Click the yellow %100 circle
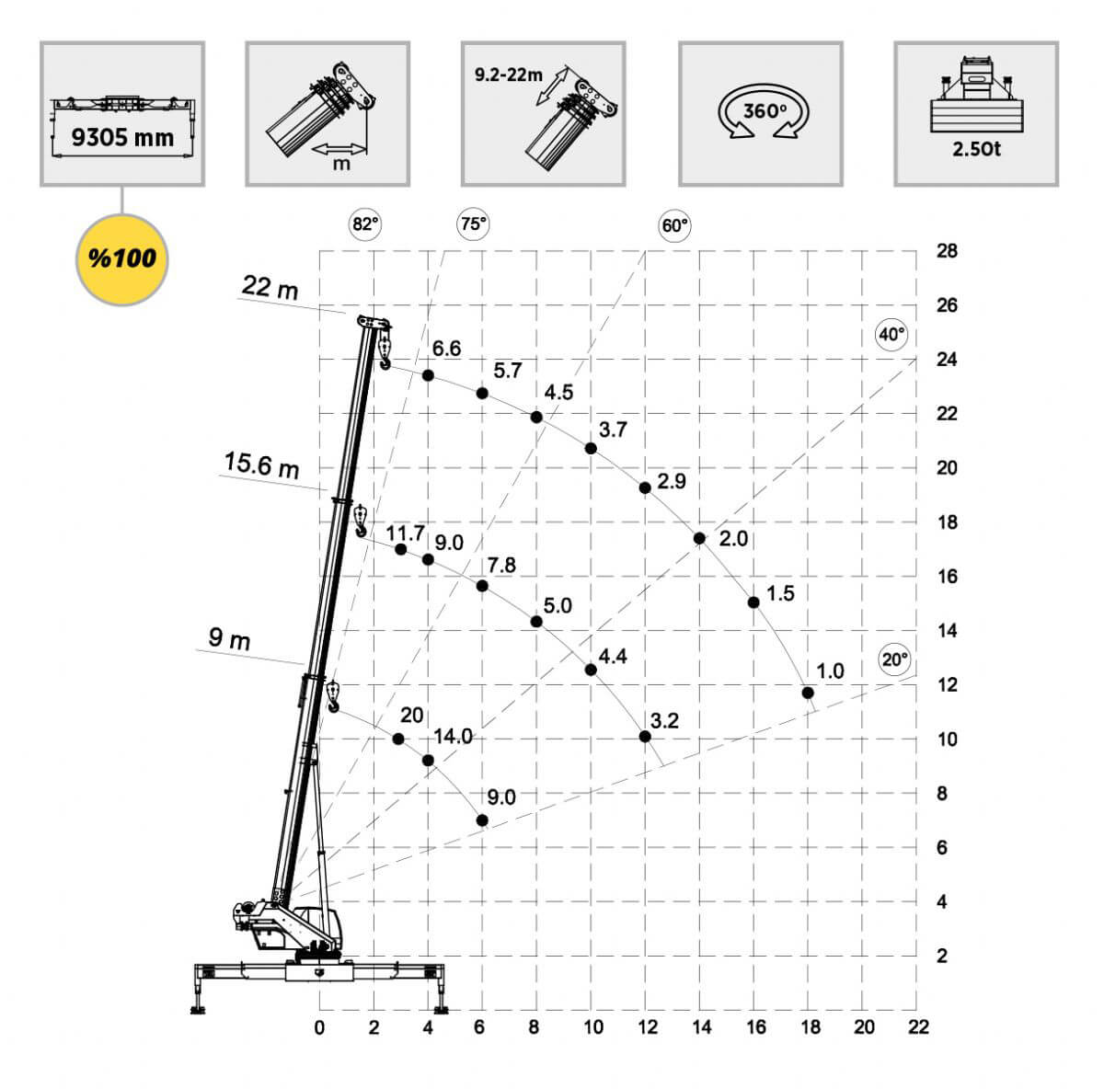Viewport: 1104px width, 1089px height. (x=122, y=259)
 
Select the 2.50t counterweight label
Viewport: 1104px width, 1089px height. (x=976, y=150)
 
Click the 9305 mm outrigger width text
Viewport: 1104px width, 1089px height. (x=122, y=138)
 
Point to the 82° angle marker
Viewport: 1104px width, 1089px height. (x=365, y=224)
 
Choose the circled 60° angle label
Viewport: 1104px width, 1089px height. (x=674, y=225)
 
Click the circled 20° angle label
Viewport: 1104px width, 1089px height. (x=894, y=660)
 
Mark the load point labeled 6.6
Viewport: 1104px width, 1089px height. (x=428, y=376)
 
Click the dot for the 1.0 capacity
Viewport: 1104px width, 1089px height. (x=808, y=693)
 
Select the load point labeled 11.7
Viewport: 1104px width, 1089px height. (x=401, y=549)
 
